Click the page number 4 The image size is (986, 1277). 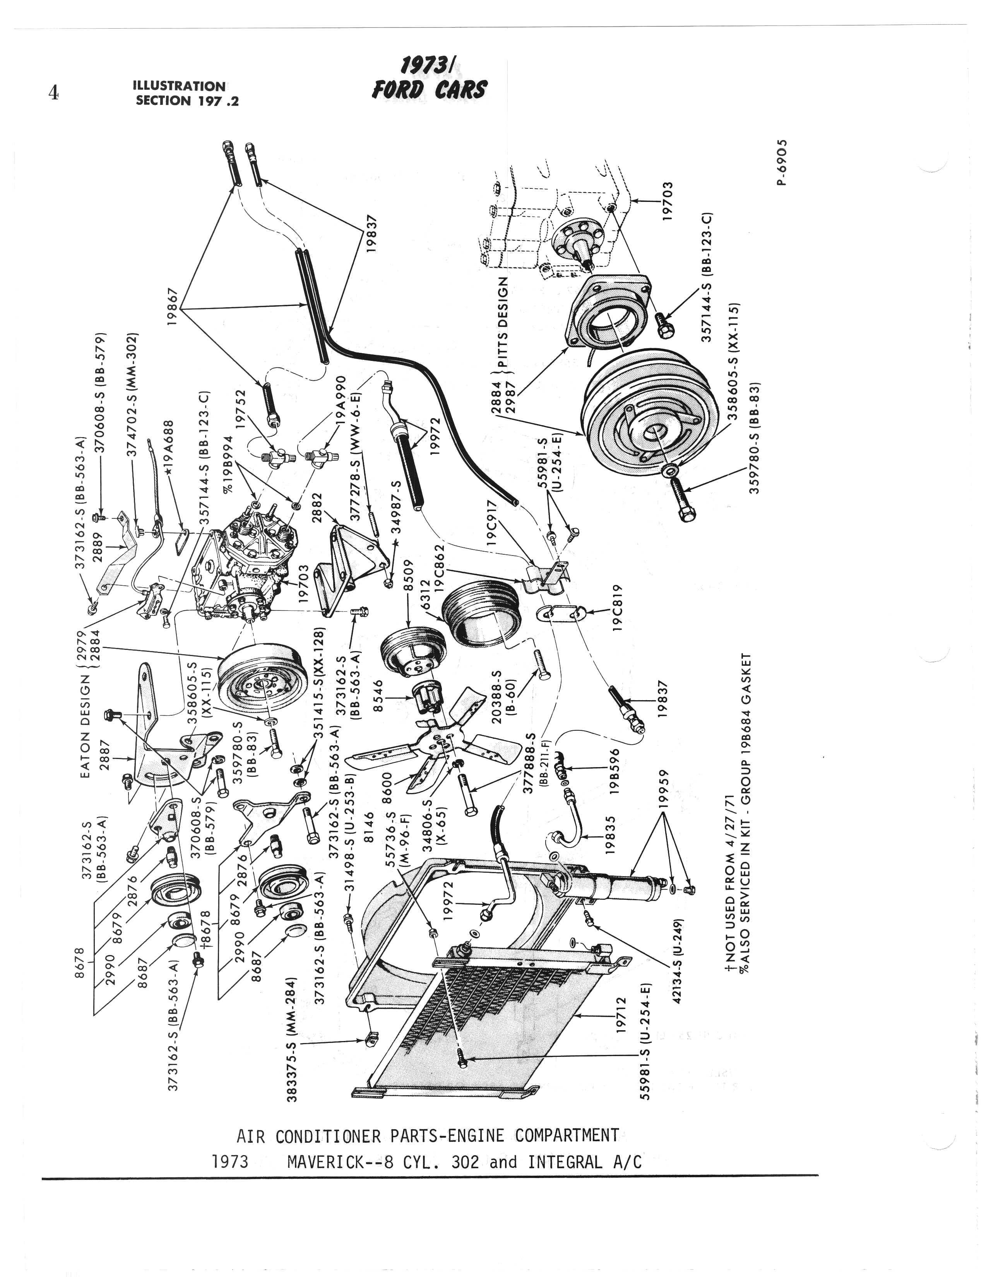53,94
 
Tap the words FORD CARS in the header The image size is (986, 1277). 429,89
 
